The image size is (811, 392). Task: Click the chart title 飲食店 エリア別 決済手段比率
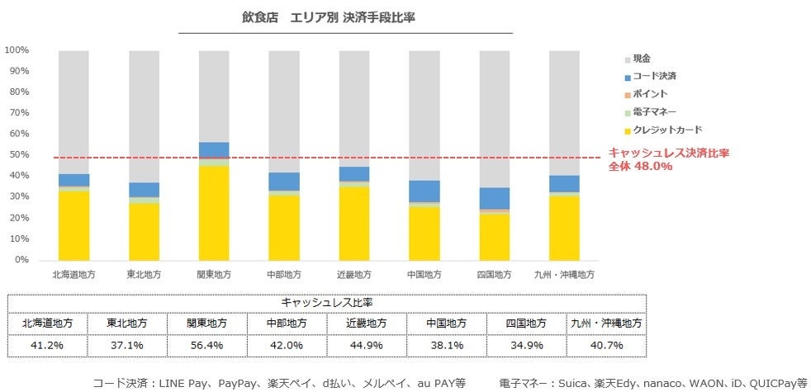(345, 17)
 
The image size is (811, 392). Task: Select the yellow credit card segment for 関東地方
(213, 213)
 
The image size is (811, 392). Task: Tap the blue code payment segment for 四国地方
(494, 198)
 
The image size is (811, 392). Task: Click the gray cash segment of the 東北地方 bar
(144, 116)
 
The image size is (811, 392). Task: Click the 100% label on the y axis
(17, 50)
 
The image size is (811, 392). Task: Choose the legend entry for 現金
(643, 59)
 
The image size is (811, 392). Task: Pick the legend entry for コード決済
(654, 76)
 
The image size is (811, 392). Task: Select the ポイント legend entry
(650, 94)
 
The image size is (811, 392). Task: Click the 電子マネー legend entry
(654, 112)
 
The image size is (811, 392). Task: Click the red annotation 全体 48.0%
(641, 166)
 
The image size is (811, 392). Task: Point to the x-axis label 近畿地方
(353, 274)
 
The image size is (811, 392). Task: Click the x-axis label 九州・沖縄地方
(564, 274)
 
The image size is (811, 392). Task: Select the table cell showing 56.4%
(206, 345)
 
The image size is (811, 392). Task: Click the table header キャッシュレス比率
(327, 302)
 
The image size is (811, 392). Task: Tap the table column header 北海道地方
(46, 323)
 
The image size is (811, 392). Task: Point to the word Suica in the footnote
(581, 382)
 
